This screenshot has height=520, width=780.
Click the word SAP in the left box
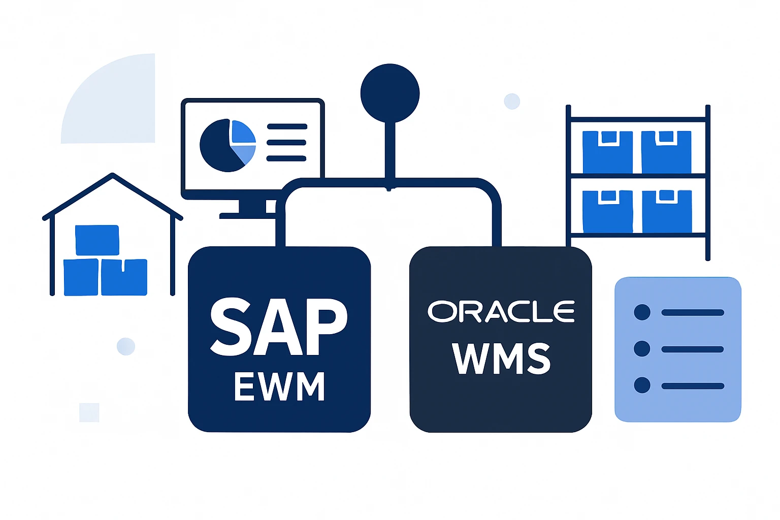[279, 327]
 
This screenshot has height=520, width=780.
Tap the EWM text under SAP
[279, 386]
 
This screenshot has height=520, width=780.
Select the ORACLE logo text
[501, 311]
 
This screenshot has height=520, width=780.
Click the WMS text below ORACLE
[501, 358]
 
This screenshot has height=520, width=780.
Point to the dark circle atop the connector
[390, 93]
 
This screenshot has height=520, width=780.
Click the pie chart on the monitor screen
[227, 145]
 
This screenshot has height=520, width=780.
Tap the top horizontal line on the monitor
[286, 126]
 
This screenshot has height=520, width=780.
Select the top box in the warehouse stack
[97, 240]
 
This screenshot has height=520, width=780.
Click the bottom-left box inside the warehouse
[81, 277]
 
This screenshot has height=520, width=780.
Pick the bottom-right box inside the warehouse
[124, 277]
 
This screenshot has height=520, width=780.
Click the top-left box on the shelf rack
[607, 152]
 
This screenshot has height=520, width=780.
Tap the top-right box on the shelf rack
[666, 152]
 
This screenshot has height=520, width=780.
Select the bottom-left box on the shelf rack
[607, 211]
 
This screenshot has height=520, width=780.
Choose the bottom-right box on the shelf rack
[667, 211]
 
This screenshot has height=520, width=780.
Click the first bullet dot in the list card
[642, 312]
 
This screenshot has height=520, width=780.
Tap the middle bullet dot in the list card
[642, 349]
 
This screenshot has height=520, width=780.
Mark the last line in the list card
[693, 386]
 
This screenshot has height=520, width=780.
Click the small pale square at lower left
[89, 412]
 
